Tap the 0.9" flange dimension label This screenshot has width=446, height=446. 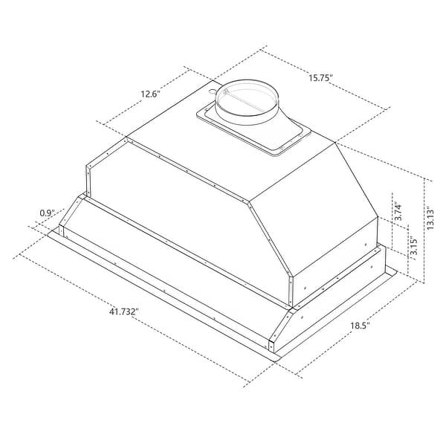[x=47, y=214]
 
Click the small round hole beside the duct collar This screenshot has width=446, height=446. [x=213, y=89]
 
